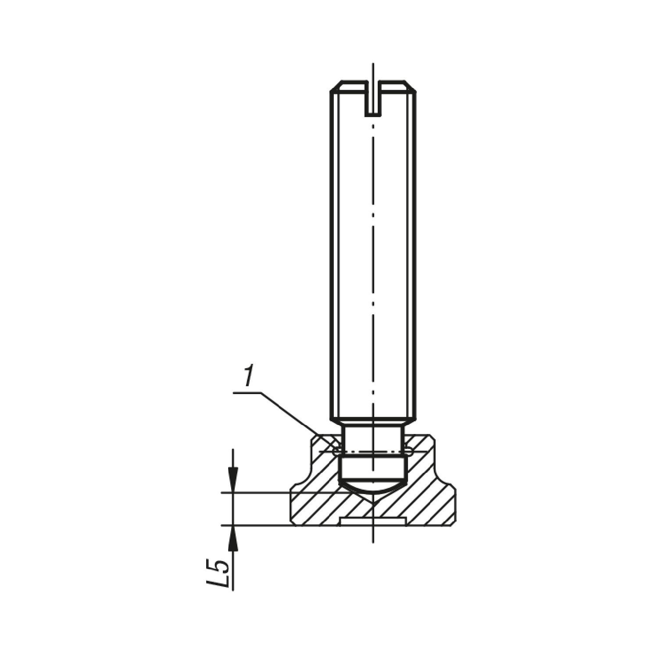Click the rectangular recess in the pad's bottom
pyautogui.click(x=372, y=521)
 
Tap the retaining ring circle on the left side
pyautogui.click(x=336, y=451)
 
